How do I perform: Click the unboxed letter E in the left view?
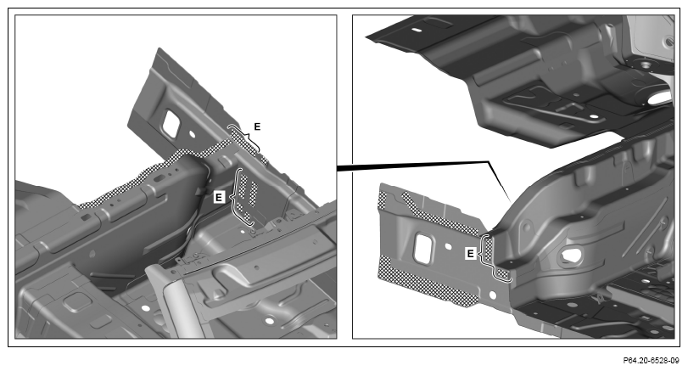[257, 126]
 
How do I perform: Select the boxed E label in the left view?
[220, 197]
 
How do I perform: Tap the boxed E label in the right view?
[471, 253]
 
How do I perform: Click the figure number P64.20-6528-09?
[651, 361]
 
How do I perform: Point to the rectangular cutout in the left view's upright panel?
[171, 123]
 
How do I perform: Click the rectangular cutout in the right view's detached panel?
[424, 249]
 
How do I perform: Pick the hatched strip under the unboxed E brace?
[243, 139]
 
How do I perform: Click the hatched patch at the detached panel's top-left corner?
[382, 200]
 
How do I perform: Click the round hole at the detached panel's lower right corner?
[492, 295]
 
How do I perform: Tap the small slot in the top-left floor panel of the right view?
[417, 31]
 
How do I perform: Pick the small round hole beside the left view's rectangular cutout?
[192, 132]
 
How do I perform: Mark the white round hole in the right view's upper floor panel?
[595, 117]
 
